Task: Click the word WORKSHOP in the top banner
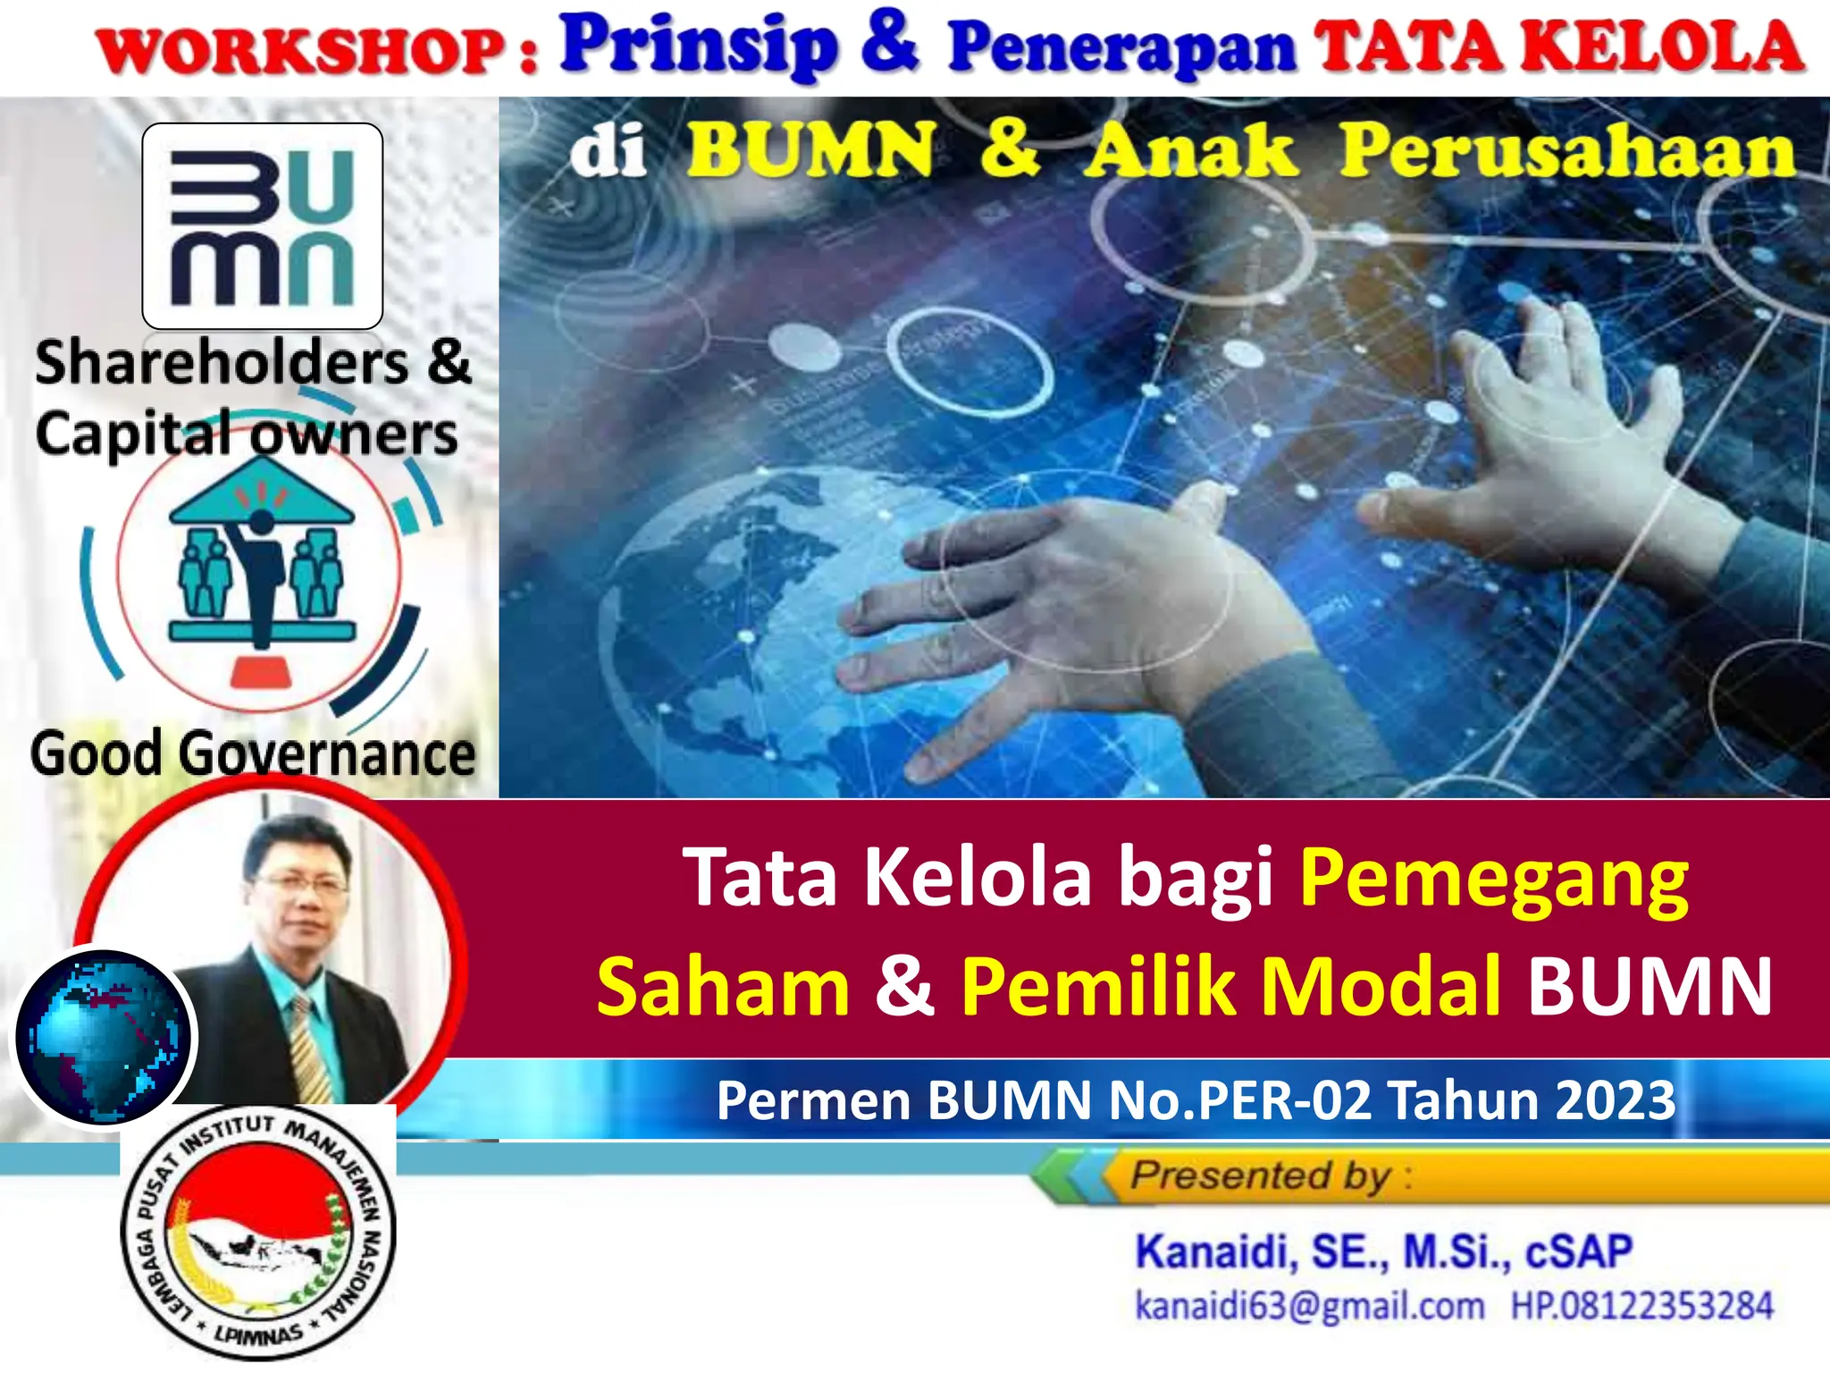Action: [302, 52]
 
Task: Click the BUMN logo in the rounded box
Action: [263, 226]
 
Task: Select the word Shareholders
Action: [222, 363]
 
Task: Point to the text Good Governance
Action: [253, 754]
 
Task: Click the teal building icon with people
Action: [261, 572]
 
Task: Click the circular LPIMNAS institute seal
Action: [258, 1234]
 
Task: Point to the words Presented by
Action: [1260, 1175]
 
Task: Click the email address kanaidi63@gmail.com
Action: [1309, 1306]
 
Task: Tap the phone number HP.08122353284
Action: [1641, 1306]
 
